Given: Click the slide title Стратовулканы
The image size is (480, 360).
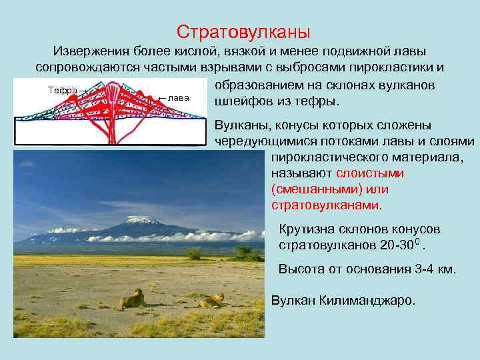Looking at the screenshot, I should point(243,31).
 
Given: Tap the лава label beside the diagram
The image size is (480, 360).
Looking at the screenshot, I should point(178,97).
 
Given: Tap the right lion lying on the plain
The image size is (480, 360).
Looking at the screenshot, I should point(212,301).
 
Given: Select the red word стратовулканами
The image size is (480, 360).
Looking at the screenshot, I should point(326,205).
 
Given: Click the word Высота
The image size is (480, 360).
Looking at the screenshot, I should point(299,269).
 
